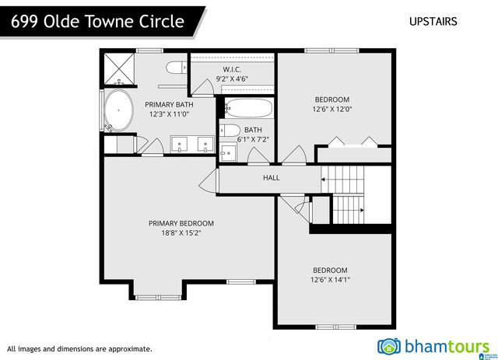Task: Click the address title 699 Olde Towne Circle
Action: (x=98, y=21)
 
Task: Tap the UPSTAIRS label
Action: (x=433, y=22)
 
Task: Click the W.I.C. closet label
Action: (x=232, y=69)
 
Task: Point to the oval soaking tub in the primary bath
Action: (x=119, y=111)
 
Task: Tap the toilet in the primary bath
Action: (x=176, y=65)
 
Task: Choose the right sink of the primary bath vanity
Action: (x=205, y=143)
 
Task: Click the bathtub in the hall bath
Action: (x=248, y=108)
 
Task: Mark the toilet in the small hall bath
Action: (x=230, y=130)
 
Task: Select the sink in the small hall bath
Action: (x=228, y=151)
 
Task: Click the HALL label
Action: (x=271, y=178)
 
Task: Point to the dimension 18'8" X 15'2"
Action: (x=181, y=232)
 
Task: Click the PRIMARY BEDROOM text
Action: (x=181, y=223)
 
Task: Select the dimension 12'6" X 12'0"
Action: (x=332, y=109)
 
